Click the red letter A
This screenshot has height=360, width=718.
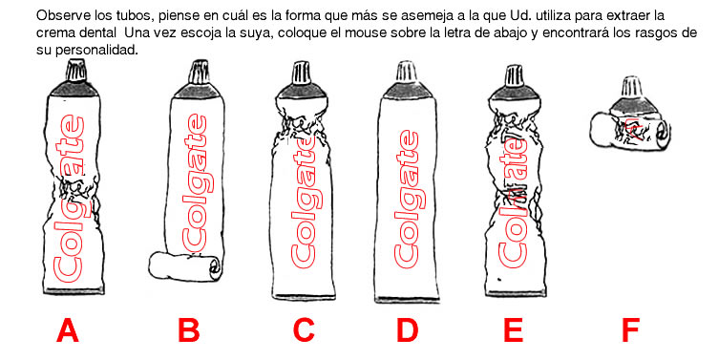coord(67,330)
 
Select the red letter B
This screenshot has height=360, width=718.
coord(189,330)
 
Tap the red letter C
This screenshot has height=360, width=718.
coord(303,330)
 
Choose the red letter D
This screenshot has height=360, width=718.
coord(407,330)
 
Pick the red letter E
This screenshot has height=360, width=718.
coord(513,330)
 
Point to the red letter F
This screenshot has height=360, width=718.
coord(630,330)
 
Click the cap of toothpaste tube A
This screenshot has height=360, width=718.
coord(76,71)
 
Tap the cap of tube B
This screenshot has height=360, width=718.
coord(199,72)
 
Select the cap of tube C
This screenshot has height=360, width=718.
coord(302,74)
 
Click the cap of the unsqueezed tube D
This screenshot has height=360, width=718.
coord(406,72)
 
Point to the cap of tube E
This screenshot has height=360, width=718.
coord(515,76)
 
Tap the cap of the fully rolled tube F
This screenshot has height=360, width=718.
coord(631,87)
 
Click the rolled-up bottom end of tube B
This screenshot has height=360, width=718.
coord(185,266)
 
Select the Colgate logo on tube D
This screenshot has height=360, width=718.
coord(407,200)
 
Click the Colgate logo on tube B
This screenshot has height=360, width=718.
coord(195,183)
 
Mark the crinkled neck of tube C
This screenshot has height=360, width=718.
coord(303,124)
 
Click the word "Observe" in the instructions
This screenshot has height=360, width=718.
coord(56,16)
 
